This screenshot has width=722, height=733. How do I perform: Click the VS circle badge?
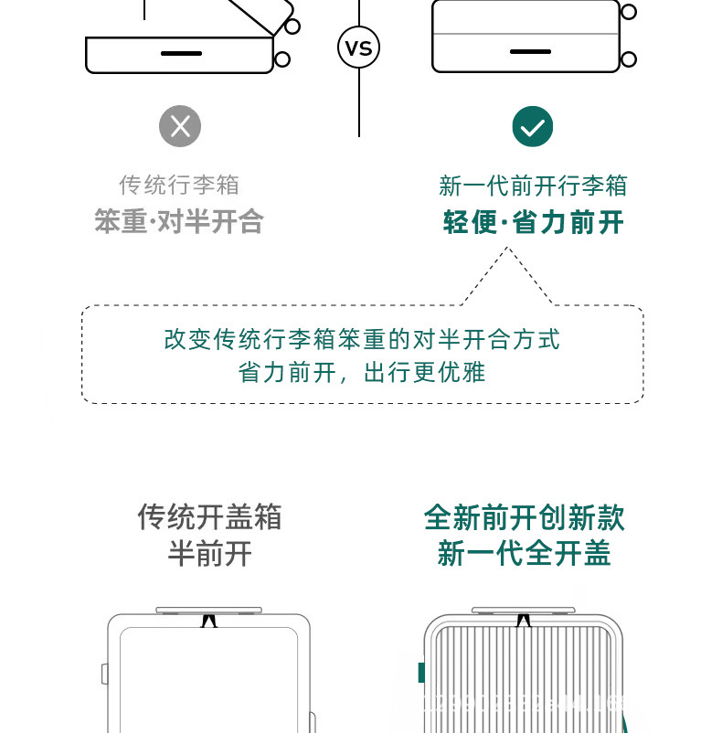pos(358,48)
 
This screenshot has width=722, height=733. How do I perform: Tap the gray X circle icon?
pos(180,126)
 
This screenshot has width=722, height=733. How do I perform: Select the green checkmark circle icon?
pos(532,126)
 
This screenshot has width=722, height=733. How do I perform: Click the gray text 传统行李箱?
pos(179,185)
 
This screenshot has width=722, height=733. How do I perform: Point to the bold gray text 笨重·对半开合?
pos(179,221)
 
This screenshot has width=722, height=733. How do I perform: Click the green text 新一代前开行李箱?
pos(533,186)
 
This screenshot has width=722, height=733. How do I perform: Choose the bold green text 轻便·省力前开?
pos(533,222)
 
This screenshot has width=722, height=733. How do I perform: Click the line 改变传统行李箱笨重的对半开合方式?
pos(362,339)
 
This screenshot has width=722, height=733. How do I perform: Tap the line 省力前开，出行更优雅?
pos(362,373)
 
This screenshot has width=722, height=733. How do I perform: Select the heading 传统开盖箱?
pos(209,517)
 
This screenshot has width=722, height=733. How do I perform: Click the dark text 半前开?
pos(209,554)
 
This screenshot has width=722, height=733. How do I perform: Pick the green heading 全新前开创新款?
pos(524,517)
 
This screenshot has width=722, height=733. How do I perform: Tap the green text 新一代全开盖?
pos(524,554)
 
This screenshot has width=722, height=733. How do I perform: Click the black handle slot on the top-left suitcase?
pos(181,53)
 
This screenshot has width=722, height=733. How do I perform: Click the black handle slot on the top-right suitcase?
pos(530,51)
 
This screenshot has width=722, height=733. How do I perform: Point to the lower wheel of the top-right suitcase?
pos(629,59)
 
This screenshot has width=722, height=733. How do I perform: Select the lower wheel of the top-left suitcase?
pos(282,59)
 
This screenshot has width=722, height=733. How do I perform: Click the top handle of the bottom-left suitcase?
pos(208,610)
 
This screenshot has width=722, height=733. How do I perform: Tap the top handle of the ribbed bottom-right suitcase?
pos(523,610)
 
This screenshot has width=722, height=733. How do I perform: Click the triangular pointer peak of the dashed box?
pos(507,249)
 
